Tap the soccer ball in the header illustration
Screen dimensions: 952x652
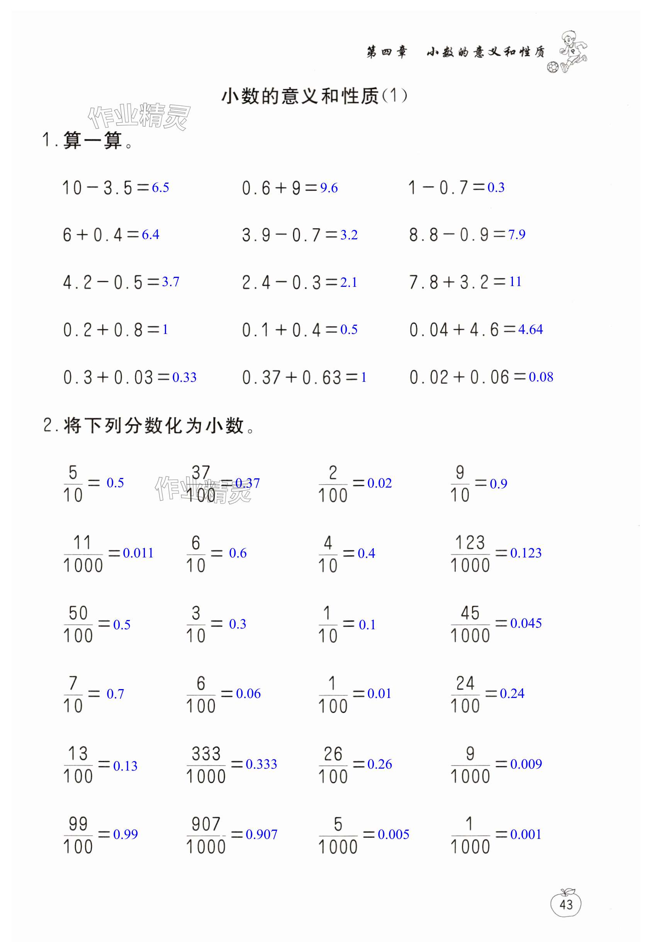tap(552, 67)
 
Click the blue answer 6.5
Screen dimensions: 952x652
tap(160, 188)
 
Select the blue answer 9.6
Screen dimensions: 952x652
tap(329, 188)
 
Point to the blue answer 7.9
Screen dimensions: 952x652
tap(516, 235)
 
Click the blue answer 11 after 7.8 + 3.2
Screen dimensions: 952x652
tap(515, 282)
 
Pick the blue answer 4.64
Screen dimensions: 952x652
tap(530, 329)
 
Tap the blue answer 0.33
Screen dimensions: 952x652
tap(184, 377)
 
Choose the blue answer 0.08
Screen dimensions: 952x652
tap(541, 377)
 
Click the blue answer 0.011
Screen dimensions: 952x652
tap(138, 553)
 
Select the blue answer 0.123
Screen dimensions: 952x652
tap(526, 553)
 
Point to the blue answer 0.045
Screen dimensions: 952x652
tap(526, 623)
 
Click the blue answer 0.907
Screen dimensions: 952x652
tap(261, 834)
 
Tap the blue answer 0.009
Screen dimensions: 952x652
tap(526, 764)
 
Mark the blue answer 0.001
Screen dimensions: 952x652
tap(526, 834)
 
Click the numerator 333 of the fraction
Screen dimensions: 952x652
tap(206, 753)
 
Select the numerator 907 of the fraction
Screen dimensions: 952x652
tap(206, 824)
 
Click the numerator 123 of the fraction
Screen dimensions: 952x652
tap(470, 543)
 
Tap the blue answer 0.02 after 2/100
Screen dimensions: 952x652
tap(379, 483)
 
